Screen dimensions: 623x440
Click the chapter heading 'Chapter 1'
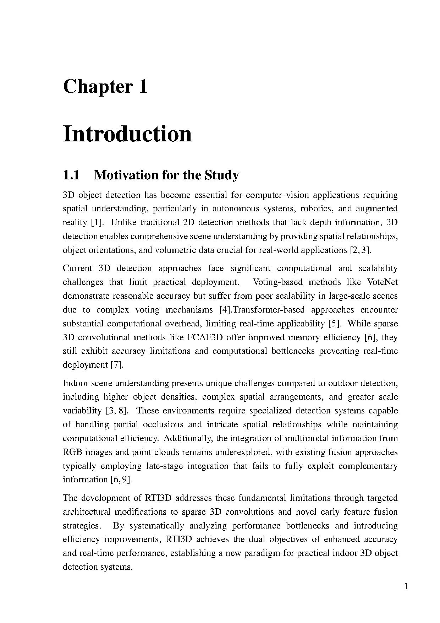(105, 87)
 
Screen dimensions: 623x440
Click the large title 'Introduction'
(127, 134)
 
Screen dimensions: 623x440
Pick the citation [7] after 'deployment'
(117, 365)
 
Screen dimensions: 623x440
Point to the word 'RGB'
(73, 452)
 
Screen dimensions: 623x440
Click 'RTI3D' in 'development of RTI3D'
(158, 498)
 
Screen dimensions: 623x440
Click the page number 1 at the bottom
(406, 586)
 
